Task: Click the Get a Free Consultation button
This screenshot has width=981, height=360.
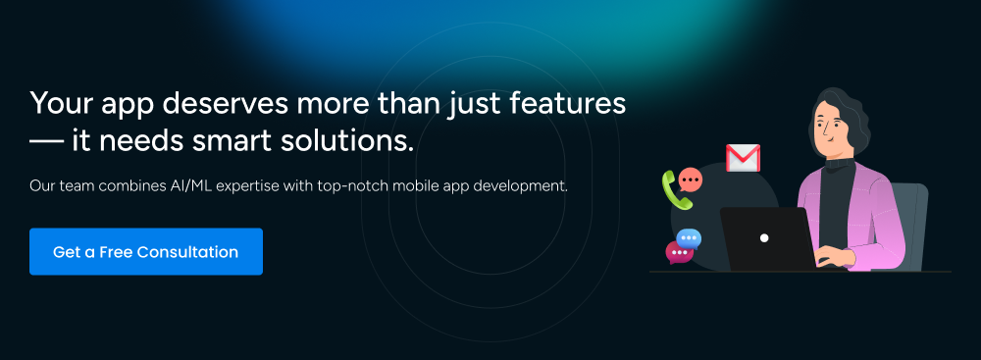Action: click(146, 252)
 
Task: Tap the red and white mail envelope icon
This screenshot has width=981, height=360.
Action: click(743, 158)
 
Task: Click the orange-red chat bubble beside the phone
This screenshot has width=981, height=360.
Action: click(691, 180)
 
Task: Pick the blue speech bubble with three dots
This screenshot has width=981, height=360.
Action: click(689, 239)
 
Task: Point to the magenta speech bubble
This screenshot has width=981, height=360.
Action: click(679, 252)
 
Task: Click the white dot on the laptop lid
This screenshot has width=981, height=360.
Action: click(764, 238)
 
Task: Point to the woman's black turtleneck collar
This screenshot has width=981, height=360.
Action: click(840, 164)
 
